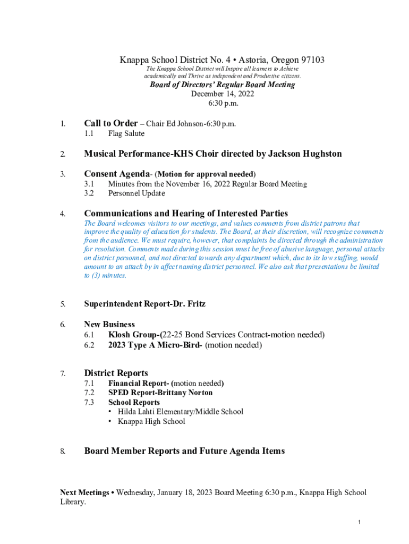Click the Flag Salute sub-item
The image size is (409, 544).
tap(126, 133)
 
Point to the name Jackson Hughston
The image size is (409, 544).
tap(304, 154)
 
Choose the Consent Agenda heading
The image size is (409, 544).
tap(116, 174)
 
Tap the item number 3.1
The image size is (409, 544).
tap(89, 184)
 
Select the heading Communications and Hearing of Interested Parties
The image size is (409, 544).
tap(186, 214)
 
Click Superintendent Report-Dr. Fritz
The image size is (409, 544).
tap(144, 304)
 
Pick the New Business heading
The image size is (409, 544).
tap(109, 324)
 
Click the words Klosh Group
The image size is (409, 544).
tap(133, 335)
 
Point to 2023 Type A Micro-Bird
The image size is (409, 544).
tap(155, 345)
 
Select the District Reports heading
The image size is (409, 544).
tap(116, 373)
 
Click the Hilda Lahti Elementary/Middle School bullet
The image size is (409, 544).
tap(180, 412)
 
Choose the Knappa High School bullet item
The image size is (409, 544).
tap(151, 421)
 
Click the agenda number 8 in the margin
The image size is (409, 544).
tap(62, 452)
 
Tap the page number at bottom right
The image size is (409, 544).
tap(360, 523)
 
